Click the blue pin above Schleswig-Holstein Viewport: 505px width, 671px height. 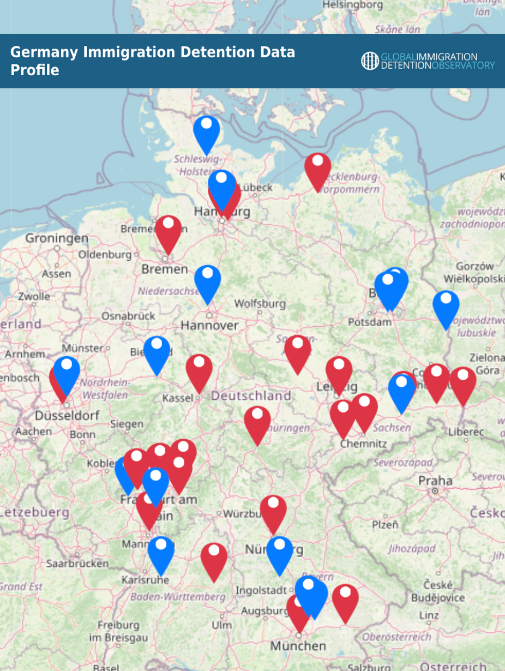pyautogui.click(x=207, y=131)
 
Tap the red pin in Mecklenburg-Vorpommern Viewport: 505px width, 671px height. pyautogui.click(x=317, y=168)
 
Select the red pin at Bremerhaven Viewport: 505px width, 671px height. pyautogui.click(x=168, y=231)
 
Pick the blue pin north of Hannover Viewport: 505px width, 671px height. pyautogui.click(x=208, y=280)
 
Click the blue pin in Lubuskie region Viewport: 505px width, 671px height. pyautogui.click(x=446, y=306)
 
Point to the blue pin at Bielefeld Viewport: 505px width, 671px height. pyautogui.click(x=157, y=351)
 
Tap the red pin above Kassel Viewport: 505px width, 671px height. pyautogui.click(x=199, y=369)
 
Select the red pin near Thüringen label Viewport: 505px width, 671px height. pyautogui.click(x=257, y=421)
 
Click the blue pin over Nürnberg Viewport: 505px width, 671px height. pyautogui.click(x=280, y=552)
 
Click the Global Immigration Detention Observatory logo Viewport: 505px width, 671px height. pyautogui.click(x=428, y=61)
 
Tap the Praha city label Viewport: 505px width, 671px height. pyautogui.click(x=435, y=481)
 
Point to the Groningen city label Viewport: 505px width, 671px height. pyautogui.click(x=57, y=238)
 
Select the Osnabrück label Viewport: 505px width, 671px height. pyautogui.click(x=128, y=315)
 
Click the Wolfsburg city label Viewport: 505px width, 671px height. pyautogui.click(x=260, y=303)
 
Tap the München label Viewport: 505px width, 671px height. pyautogui.click(x=298, y=646)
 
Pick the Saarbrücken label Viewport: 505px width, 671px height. pyautogui.click(x=77, y=563)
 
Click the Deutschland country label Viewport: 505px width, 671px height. pyautogui.click(x=251, y=395)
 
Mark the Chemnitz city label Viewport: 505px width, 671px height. pyautogui.click(x=363, y=444)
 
